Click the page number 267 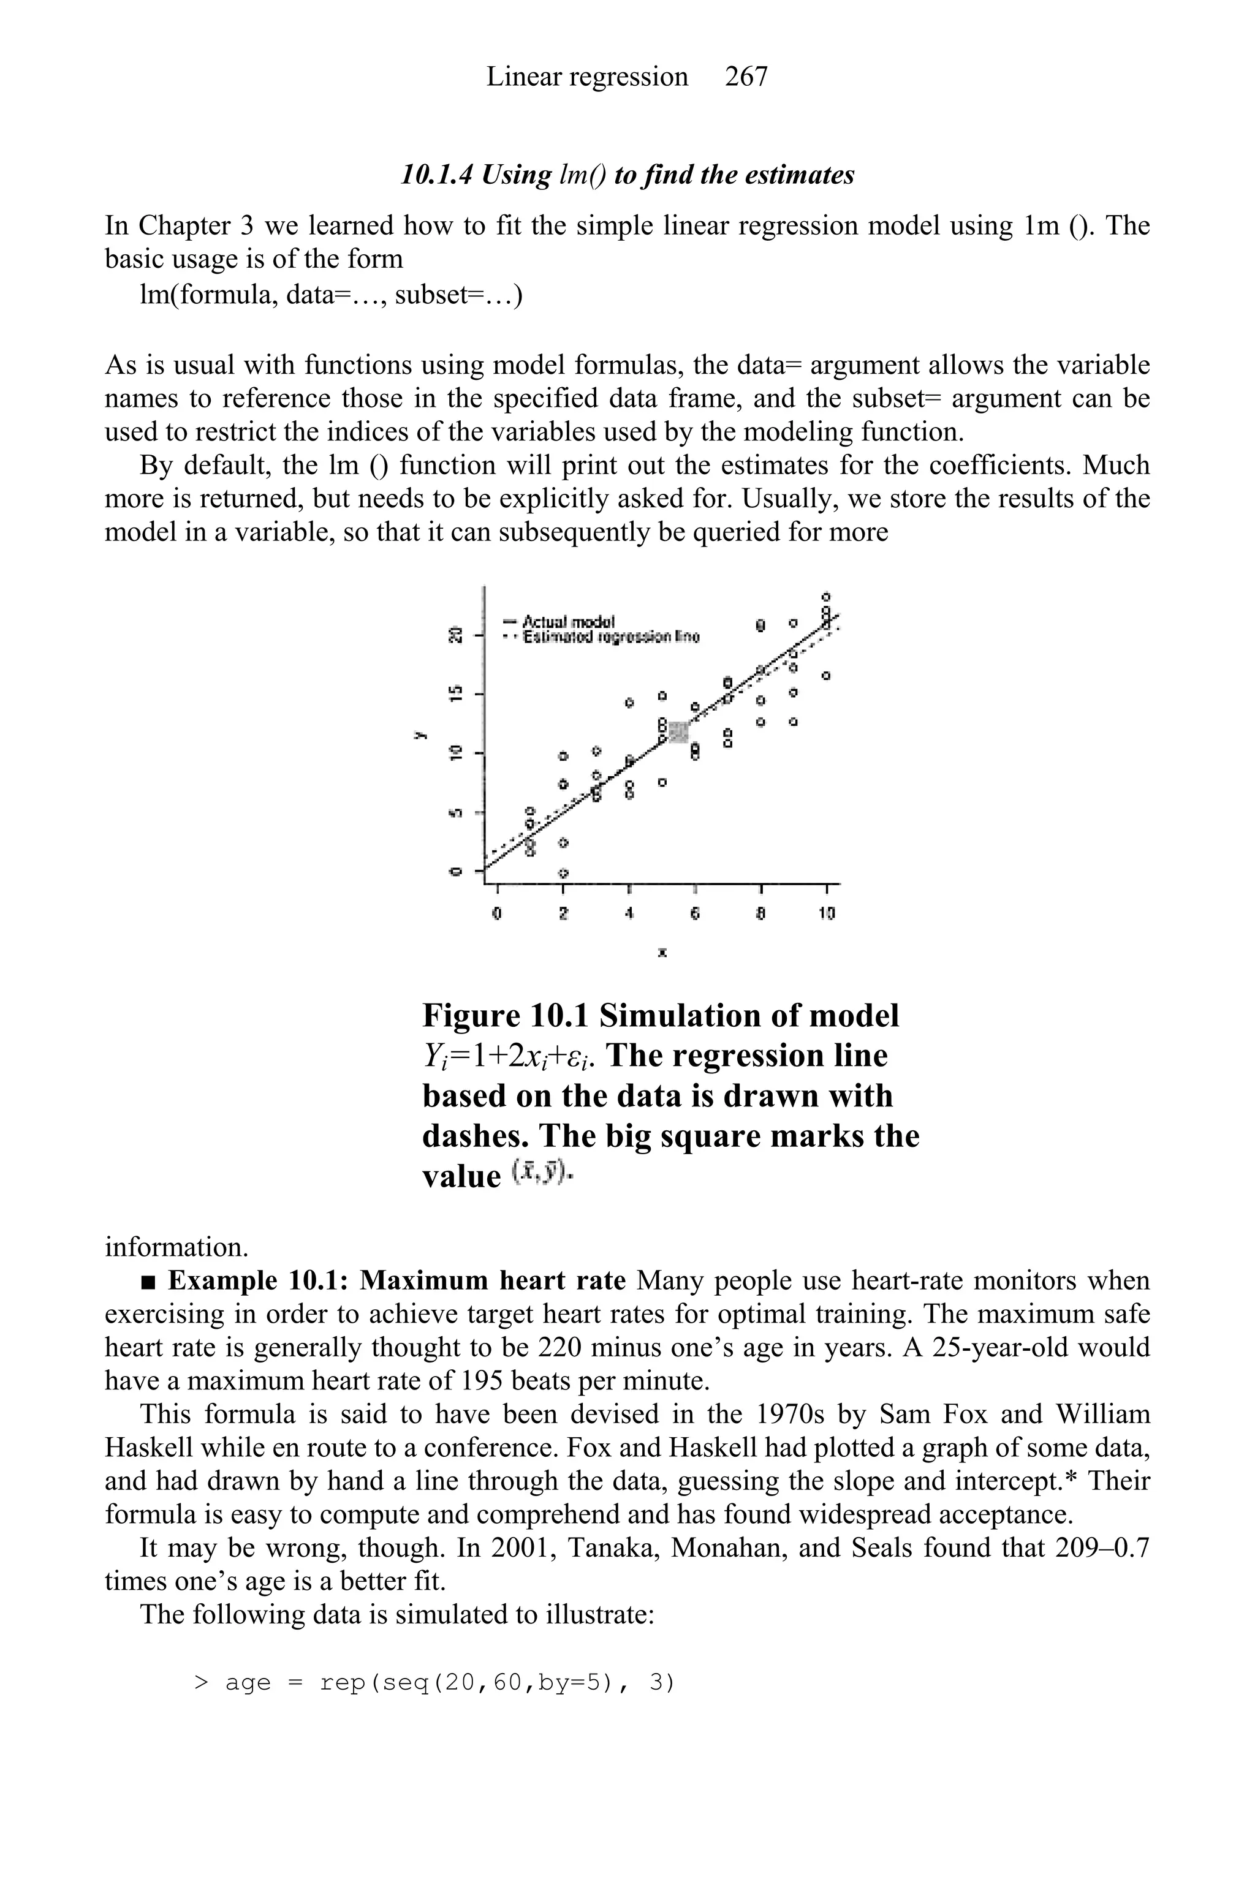745,77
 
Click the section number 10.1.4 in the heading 436,175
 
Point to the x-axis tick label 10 827,912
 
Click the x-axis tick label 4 630,912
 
